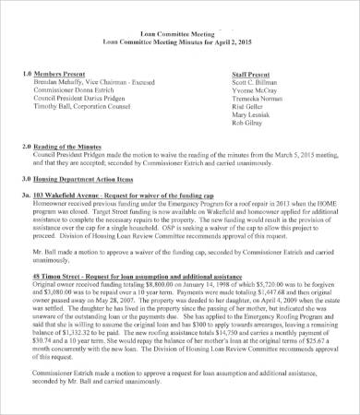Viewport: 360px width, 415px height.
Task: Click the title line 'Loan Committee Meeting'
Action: point(180,57)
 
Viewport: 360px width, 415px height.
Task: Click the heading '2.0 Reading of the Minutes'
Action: point(73,148)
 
